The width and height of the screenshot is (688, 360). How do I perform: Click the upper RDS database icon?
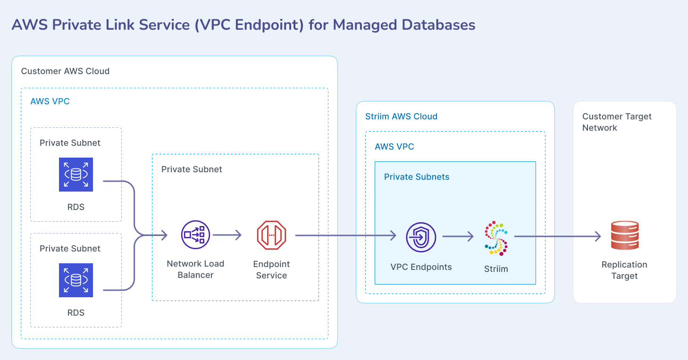coord(76,175)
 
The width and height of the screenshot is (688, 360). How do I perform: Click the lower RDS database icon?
coord(76,280)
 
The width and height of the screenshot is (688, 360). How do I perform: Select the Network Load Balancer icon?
coord(195,234)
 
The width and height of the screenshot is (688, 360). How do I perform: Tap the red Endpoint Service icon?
coord(271,235)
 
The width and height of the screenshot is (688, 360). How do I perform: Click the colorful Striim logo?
coord(496,237)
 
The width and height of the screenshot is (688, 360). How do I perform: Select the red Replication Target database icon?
coord(624,235)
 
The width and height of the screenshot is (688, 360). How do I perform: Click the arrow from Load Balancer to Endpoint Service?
coord(227,235)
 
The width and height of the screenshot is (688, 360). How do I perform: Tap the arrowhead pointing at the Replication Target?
coord(597,236)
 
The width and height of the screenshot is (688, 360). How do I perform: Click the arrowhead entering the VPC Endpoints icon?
coord(393,235)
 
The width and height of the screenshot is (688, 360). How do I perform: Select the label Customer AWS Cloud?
coord(65,71)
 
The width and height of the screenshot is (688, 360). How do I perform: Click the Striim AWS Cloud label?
coord(401,117)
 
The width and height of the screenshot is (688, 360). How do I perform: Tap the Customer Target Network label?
coord(616,122)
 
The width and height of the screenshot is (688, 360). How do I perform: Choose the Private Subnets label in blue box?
coord(417,177)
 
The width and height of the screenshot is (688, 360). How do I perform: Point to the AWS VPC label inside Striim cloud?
coord(394,147)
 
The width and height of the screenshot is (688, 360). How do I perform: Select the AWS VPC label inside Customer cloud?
coord(50,101)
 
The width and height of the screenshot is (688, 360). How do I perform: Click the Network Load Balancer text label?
coord(195,269)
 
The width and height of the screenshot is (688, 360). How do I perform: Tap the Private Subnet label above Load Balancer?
coord(192,169)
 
